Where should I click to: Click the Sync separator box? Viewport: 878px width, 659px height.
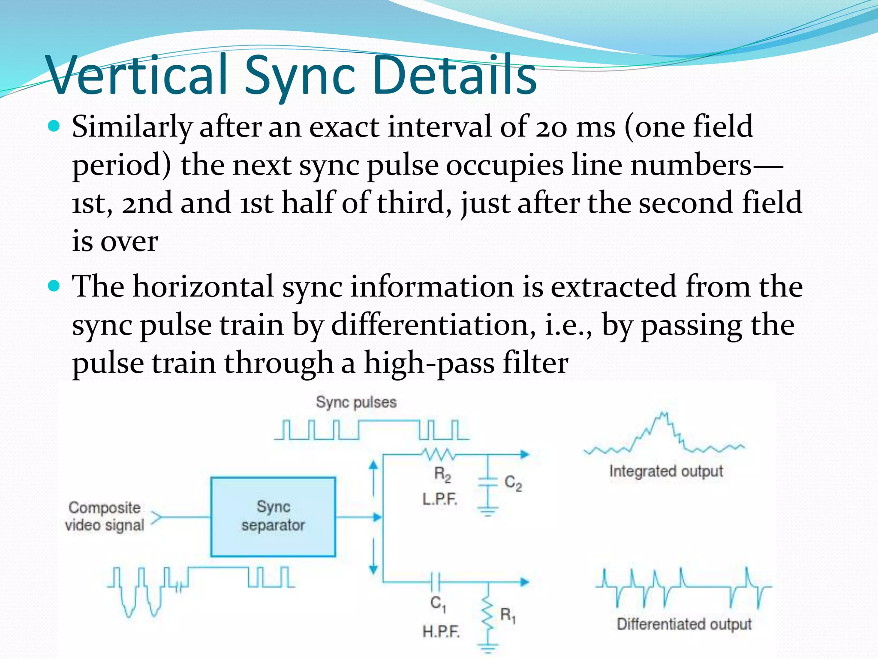click(x=273, y=517)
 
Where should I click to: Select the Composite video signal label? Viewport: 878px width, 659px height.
click(x=105, y=516)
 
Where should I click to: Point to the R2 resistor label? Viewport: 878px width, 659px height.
click(x=442, y=475)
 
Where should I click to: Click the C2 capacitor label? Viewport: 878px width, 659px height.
click(x=513, y=483)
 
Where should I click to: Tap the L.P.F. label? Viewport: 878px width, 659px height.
click(x=440, y=499)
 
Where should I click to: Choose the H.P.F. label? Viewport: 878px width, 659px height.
click(x=441, y=632)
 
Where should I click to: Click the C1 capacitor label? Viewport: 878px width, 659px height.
click(x=438, y=604)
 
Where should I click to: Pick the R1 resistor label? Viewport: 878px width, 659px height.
click(x=508, y=615)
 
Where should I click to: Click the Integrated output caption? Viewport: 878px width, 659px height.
click(x=666, y=471)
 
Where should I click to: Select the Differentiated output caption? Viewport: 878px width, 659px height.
click(x=684, y=624)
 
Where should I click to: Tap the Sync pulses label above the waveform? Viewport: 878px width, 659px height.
click(x=356, y=402)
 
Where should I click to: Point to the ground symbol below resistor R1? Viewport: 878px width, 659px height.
click(x=487, y=647)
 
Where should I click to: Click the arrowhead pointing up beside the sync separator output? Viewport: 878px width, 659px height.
click(x=373, y=465)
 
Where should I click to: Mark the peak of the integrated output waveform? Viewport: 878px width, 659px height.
click(x=663, y=415)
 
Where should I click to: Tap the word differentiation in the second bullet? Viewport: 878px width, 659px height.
click(x=433, y=325)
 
